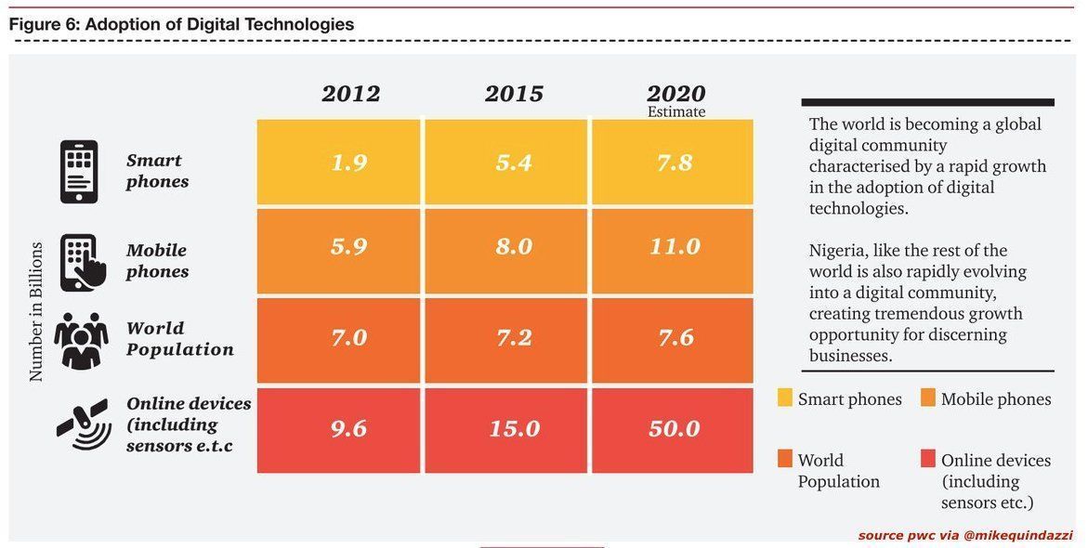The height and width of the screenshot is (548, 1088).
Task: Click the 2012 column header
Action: pyautogui.click(x=350, y=94)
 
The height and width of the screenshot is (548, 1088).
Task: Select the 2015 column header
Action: pyautogui.click(x=514, y=94)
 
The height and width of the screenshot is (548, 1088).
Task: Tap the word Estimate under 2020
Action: pyautogui.click(x=676, y=112)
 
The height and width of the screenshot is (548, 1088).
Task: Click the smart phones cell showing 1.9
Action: pyautogui.click(x=349, y=163)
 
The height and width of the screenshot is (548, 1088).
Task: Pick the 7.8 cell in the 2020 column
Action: pyautogui.click(x=675, y=163)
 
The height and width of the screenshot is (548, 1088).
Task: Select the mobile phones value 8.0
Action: pyautogui.click(x=514, y=248)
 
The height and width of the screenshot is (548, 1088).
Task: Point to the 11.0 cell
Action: pyautogui.click(x=675, y=248)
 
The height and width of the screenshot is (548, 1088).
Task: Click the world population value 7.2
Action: pyautogui.click(x=514, y=337)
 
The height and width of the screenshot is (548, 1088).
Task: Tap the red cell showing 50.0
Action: pyautogui.click(x=675, y=429)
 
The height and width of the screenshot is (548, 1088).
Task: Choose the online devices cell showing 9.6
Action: pyautogui.click(x=349, y=429)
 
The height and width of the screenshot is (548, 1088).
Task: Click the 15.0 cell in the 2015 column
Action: pyautogui.click(x=514, y=429)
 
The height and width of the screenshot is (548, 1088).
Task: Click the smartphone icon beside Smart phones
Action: pyautogui.click(x=79, y=172)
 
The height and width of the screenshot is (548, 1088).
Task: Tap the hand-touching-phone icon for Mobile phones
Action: pyautogui.click(x=81, y=262)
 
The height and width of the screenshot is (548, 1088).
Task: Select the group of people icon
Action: pyautogui.click(x=81, y=340)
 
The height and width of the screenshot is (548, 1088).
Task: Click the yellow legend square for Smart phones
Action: pyautogui.click(x=785, y=398)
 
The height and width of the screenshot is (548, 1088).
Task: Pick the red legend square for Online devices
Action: pyautogui.click(x=927, y=459)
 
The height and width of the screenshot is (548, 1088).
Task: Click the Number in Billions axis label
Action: pyautogui.click(x=36, y=311)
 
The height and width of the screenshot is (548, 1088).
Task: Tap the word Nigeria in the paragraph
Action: pyautogui.click(x=838, y=251)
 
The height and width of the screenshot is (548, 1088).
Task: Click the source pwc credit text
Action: pyautogui.click(x=965, y=535)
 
